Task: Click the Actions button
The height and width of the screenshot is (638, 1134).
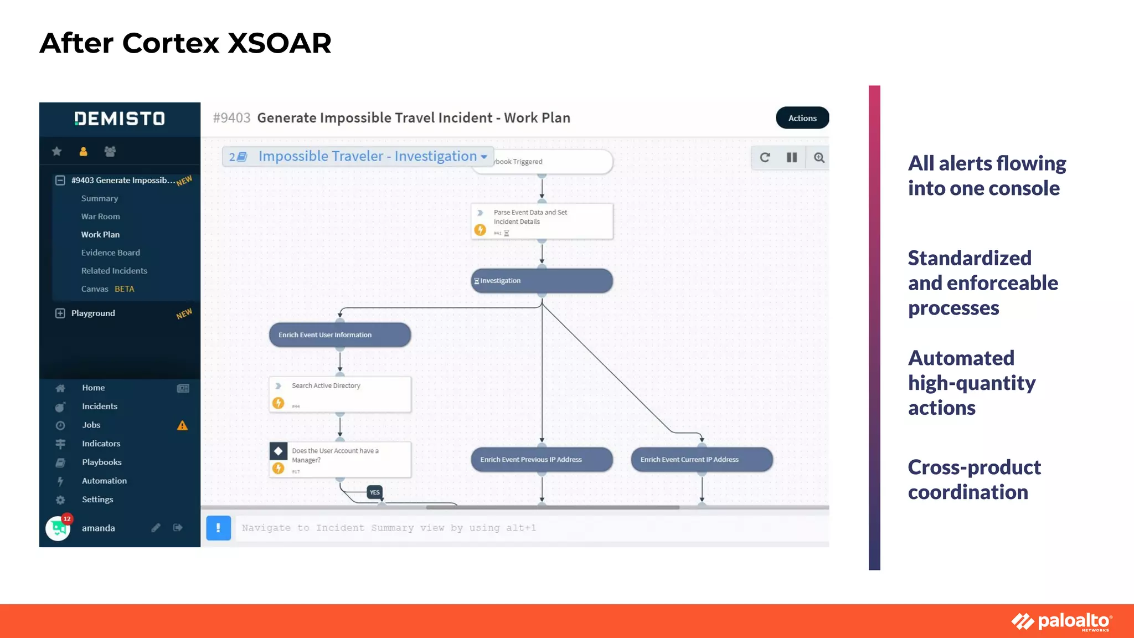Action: click(x=802, y=118)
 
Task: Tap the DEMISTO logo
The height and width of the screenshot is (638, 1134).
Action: click(x=120, y=119)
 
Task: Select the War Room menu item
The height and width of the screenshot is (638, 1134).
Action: click(x=100, y=217)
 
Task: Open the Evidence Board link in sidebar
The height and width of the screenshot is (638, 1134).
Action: click(x=110, y=253)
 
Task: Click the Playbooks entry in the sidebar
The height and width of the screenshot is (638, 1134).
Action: click(x=101, y=462)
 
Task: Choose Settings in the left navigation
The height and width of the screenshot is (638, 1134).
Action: click(x=97, y=499)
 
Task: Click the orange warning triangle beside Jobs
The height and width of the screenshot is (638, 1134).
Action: click(x=182, y=425)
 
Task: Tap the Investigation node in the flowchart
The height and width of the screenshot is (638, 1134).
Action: click(x=542, y=281)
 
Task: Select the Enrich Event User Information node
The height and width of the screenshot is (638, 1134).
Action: click(x=339, y=335)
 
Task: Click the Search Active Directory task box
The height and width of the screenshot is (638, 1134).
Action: click(x=339, y=394)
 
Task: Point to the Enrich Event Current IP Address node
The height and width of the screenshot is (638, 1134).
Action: click(x=702, y=460)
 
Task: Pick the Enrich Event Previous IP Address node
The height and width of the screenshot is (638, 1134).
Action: click(x=542, y=460)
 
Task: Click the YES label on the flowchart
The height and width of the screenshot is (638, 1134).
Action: click(x=375, y=492)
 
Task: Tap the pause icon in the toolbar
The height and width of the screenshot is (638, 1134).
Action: click(x=792, y=158)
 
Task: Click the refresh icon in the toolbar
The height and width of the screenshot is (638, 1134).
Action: click(x=765, y=158)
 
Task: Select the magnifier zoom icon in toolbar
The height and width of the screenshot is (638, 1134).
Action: click(x=819, y=158)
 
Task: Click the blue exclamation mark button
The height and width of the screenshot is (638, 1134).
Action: click(x=218, y=528)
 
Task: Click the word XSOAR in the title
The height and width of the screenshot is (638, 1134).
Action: click(x=279, y=43)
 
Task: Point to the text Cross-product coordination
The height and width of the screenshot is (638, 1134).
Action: click(x=974, y=480)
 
